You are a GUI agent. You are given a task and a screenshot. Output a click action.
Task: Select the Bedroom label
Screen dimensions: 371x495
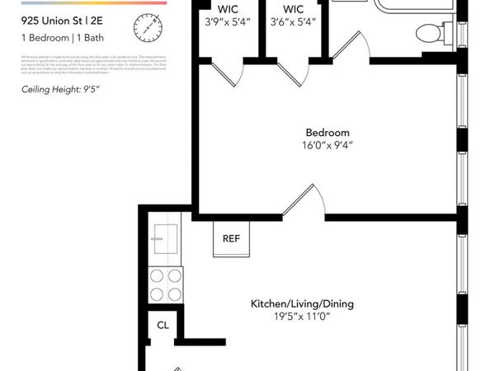(328, 133)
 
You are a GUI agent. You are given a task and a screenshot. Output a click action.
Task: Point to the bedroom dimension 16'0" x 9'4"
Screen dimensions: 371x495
(328, 147)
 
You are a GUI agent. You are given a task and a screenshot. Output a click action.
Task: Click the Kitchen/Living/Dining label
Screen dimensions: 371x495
(302, 303)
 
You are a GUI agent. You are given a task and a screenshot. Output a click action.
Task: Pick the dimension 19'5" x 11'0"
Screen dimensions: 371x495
(302, 317)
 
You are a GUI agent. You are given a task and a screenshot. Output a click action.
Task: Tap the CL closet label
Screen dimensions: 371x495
(163, 325)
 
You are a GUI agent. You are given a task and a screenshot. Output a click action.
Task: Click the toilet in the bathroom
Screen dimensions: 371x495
(429, 34)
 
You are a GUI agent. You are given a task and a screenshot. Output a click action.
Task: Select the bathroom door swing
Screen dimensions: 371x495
(351, 45)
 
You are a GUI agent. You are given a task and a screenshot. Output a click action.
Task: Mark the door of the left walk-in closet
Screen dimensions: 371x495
(223, 73)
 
